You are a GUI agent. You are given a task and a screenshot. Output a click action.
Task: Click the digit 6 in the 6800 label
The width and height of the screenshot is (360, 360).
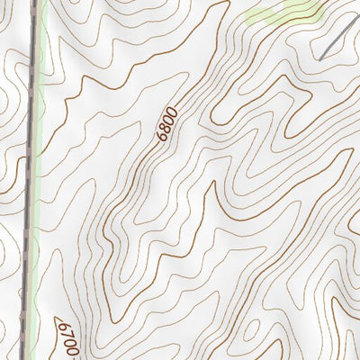pos(161,138)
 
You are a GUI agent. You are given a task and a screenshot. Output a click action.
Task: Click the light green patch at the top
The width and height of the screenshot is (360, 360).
pos(283,12)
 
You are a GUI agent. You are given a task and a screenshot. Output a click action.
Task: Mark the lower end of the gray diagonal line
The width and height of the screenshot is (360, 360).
pos(320,58)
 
